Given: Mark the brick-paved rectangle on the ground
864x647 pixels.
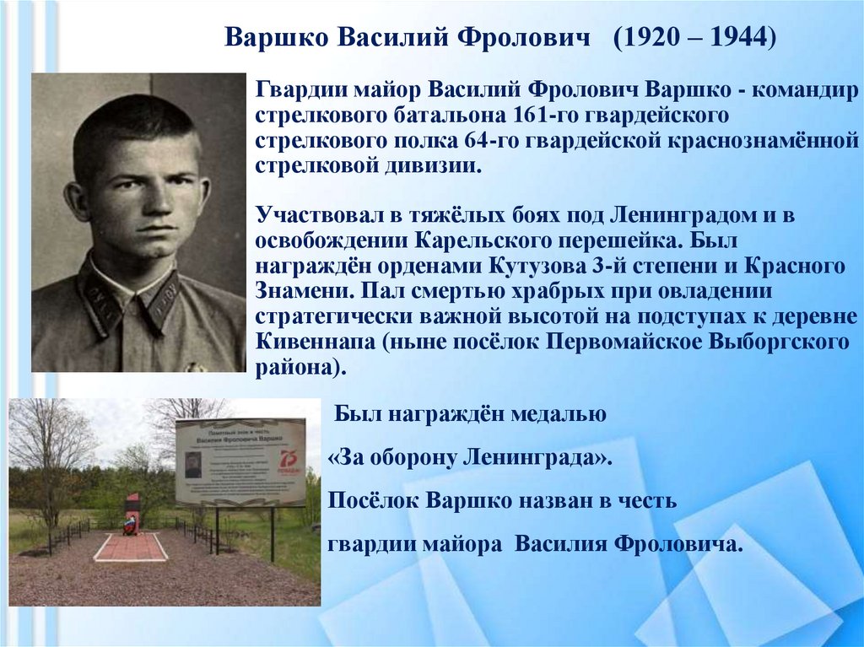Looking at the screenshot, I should click(131, 547).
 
